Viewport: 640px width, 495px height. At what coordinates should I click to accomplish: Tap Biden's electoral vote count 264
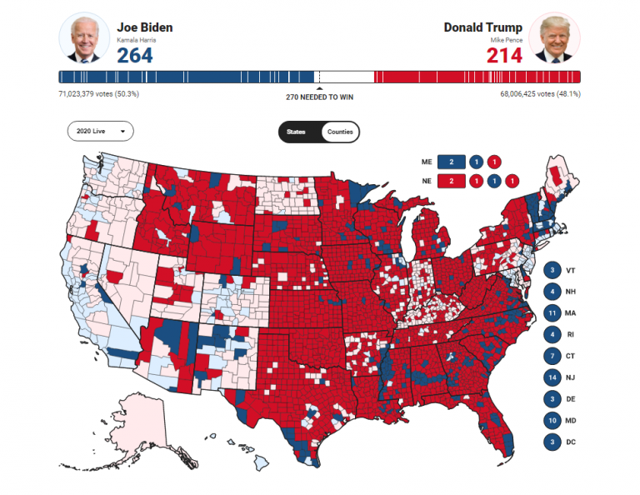pyautogui.click(x=134, y=55)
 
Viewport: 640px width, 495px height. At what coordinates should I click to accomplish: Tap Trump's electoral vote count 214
pyautogui.click(x=505, y=55)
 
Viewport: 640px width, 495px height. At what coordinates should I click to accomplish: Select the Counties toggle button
pyautogui.click(x=340, y=132)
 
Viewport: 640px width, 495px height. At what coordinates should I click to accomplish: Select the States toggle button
pyautogui.click(x=297, y=132)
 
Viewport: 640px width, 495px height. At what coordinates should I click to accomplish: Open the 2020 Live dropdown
pyautogui.click(x=100, y=132)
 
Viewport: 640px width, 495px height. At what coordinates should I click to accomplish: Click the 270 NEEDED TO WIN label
pyautogui.click(x=319, y=97)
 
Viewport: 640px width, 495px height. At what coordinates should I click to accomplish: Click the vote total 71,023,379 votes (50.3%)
pyautogui.click(x=98, y=94)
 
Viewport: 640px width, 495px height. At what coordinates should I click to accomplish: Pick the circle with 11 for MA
pyautogui.click(x=552, y=313)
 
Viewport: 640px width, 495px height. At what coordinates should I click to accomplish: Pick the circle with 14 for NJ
pyautogui.click(x=552, y=377)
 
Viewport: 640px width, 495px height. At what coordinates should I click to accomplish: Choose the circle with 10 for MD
pyautogui.click(x=552, y=420)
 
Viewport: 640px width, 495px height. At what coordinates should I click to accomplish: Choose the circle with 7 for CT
pyautogui.click(x=552, y=356)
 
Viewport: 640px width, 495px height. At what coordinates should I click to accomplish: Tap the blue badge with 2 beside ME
pyautogui.click(x=451, y=162)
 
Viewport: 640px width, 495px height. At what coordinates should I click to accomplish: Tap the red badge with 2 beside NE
pyautogui.click(x=451, y=180)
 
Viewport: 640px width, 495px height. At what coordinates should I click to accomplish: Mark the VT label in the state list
pyautogui.click(x=571, y=271)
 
